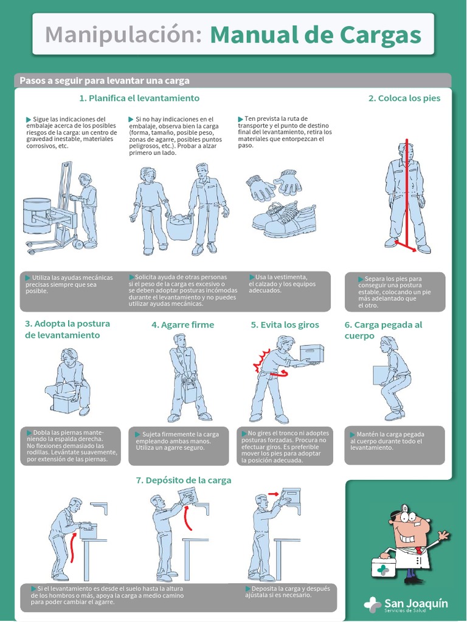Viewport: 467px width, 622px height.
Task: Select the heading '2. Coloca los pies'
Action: point(404,98)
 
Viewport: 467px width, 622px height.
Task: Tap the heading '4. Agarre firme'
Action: point(182,325)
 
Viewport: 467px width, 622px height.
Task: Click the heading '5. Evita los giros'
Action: point(285,325)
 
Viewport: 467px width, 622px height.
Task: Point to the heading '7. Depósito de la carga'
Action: point(184,480)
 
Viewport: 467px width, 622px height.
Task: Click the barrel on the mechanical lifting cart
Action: point(36,216)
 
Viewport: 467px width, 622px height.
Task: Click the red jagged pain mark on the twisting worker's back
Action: point(261,360)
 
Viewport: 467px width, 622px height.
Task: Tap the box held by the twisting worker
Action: point(311,353)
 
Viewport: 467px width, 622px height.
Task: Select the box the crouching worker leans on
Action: point(68,402)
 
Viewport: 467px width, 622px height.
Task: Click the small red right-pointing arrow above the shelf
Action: point(273,494)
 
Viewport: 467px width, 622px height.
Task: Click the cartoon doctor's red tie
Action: point(418,550)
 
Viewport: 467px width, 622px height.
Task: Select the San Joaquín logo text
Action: point(415,604)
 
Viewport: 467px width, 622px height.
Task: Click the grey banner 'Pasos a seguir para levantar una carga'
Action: point(233,81)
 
